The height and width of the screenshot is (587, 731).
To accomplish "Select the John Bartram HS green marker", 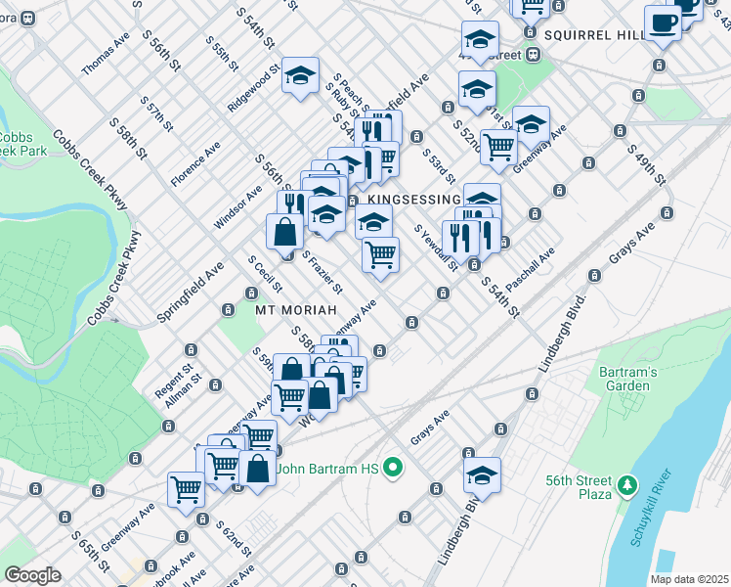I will [x=395, y=469].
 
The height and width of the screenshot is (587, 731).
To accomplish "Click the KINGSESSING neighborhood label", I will [x=415, y=200].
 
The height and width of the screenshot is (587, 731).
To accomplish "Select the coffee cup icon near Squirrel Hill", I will [x=663, y=23].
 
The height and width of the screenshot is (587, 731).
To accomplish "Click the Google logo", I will [x=32, y=575].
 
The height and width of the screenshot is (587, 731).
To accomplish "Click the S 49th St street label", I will [x=648, y=168].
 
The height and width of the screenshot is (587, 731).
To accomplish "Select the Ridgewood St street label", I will [x=253, y=90].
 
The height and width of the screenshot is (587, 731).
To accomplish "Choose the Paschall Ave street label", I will [x=531, y=267].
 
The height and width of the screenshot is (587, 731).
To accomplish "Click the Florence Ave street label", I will [x=194, y=164].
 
